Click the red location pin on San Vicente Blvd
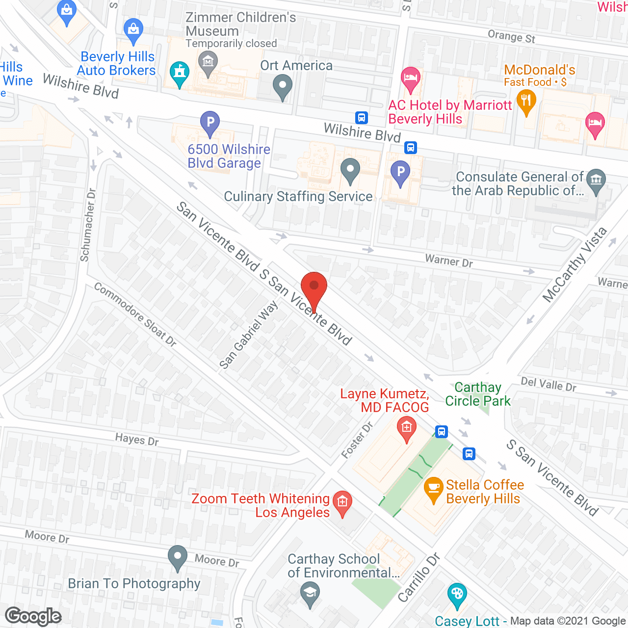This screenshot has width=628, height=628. point(314,287)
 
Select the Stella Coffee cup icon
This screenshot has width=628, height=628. point(433,489)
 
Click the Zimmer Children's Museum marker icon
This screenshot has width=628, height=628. point(208,63)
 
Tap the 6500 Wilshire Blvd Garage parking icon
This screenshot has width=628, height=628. point(210,122)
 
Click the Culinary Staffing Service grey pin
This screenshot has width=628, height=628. point(350,170)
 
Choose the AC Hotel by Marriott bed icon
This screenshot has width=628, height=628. point(411,79)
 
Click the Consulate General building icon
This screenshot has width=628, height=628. point(596,181)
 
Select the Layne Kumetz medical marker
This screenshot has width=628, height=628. point(406,428)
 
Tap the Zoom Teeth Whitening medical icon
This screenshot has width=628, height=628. point(342,502)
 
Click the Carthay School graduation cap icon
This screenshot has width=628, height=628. point(310,593)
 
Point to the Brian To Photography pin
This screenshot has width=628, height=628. point(177,558)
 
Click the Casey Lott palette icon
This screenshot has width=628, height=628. point(457,595)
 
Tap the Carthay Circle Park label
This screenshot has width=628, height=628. point(477,394)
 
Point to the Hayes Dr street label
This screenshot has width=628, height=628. point(137,439)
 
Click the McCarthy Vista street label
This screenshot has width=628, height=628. point(575,265)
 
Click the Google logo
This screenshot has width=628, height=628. point(33,616)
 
